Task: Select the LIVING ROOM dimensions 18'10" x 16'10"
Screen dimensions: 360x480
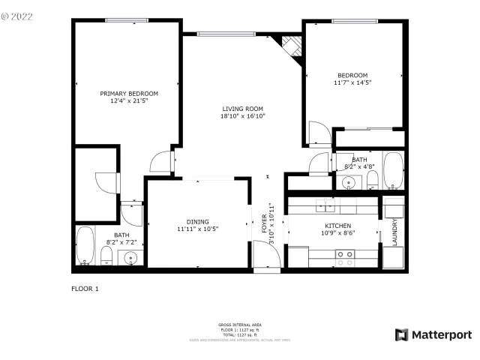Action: click(242, 116)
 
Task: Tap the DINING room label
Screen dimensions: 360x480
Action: click(198, 221)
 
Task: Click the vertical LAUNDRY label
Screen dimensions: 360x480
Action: click(395, 232)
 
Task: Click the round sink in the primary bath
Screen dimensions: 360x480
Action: click(131, 259)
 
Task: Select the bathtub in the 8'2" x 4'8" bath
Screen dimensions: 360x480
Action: click(393, 170)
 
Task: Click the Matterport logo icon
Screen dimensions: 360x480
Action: click(401, 334)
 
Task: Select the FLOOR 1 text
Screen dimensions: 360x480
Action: click(85, 288)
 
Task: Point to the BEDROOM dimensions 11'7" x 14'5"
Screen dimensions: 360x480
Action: click(352, 83)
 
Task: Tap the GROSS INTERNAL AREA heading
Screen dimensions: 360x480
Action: click(239, 325)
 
